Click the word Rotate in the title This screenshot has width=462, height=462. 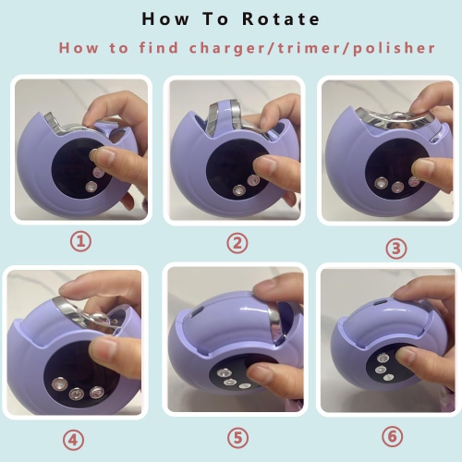point(281,19)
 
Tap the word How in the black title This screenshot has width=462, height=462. point(165,19)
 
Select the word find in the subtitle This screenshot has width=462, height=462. point(159,48)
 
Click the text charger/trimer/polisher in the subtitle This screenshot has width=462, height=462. point(311,49)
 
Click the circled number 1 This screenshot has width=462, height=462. point(80,241)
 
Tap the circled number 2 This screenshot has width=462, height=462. point(237,243)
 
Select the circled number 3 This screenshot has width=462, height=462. point(396,249)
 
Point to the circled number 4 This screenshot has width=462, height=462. point(73,440)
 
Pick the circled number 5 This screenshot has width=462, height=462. point(237,438)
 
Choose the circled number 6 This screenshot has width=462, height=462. point(393,436)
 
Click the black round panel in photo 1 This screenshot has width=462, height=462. point(74,169)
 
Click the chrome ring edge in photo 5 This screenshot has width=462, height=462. point(275,323)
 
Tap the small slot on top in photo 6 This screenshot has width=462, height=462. point(380,302)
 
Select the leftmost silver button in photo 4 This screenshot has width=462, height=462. point(59,383)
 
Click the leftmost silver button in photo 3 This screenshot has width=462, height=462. point(382,183)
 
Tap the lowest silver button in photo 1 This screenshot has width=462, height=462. point(91,187)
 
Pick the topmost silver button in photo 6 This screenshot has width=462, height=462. point(383,359)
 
